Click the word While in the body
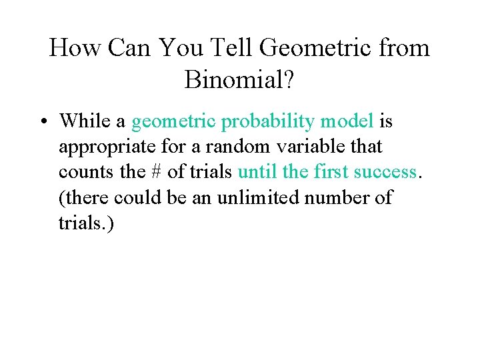click(x=83, y=121)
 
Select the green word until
click(x=257, y=172)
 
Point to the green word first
click(x=330, y=172)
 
